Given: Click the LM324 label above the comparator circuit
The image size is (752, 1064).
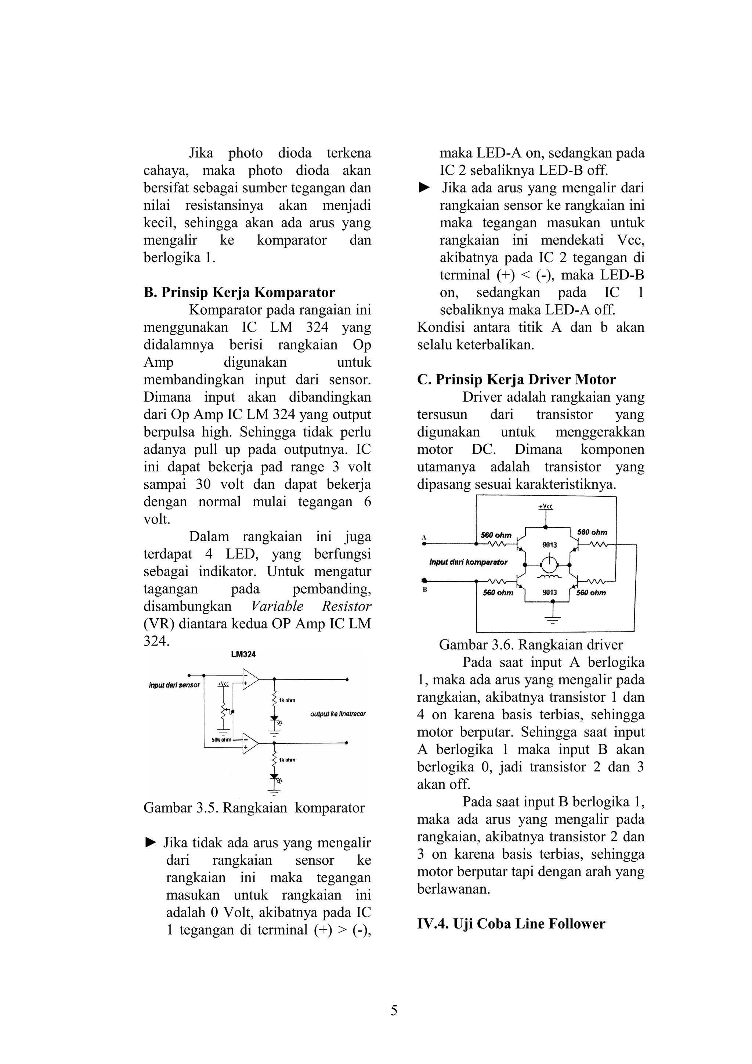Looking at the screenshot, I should (x=243, y=654).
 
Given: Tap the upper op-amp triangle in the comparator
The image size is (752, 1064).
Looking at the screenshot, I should (x=249, y=679).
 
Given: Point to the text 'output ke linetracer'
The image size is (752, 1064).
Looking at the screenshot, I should (x=338, y=714).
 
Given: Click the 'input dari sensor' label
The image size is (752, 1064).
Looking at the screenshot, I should (x=174, y=685).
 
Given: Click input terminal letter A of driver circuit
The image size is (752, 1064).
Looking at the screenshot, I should (x=423, y=537).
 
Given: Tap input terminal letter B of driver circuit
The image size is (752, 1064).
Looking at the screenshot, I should (x=424, y=590).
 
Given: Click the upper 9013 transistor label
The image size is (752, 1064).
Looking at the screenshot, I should (x=550, y=545).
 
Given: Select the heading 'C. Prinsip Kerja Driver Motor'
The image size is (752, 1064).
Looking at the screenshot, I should (x=516, y=380).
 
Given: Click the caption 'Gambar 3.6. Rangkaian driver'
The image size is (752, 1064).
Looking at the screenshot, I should (x=531, y=645).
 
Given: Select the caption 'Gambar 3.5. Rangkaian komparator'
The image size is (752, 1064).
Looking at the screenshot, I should (x=254, y=808).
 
